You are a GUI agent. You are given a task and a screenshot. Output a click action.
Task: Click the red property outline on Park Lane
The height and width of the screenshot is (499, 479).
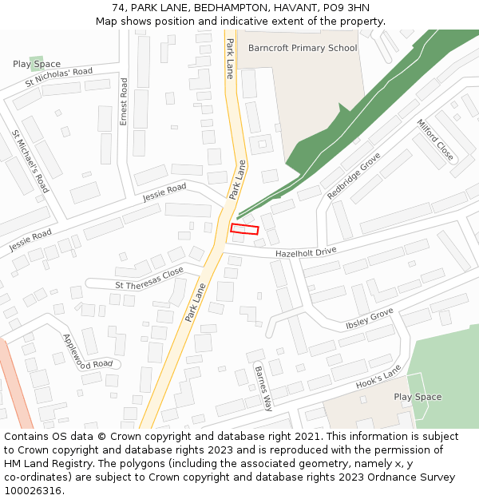[x=245, y=229]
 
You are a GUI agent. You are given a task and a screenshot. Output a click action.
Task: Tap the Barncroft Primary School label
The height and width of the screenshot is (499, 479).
[x=303, y=48]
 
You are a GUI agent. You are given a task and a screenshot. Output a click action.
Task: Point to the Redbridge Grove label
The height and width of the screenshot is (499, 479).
[x=354, y=176]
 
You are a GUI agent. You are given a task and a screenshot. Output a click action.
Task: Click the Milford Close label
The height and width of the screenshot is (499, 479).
[x=435, y=140]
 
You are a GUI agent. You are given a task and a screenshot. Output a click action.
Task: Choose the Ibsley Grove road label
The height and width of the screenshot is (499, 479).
[x=370, y=319]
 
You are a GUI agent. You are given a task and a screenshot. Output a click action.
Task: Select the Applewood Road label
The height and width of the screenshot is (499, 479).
[x=87, y=351]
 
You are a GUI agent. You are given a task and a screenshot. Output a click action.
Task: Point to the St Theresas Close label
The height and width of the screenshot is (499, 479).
[x=149, y=278]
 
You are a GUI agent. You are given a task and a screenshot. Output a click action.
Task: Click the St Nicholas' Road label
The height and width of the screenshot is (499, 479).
[x=59, y=77]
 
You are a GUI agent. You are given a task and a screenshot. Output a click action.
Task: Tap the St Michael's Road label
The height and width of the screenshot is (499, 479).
[x=30, y=160]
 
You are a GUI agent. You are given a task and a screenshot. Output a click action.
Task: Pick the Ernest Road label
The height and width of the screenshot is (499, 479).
[x=124, y=101]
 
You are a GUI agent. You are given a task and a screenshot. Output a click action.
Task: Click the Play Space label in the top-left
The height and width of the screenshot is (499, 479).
[x=37, y=64]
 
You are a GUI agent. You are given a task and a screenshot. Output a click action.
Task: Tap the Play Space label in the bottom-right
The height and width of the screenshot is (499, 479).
[x=418, y=397]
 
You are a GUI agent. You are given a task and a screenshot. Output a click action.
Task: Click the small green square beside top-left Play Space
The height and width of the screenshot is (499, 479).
[x=36, y=62]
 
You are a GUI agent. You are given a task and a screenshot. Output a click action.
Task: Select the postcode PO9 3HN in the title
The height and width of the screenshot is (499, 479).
[x=347, y=8]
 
